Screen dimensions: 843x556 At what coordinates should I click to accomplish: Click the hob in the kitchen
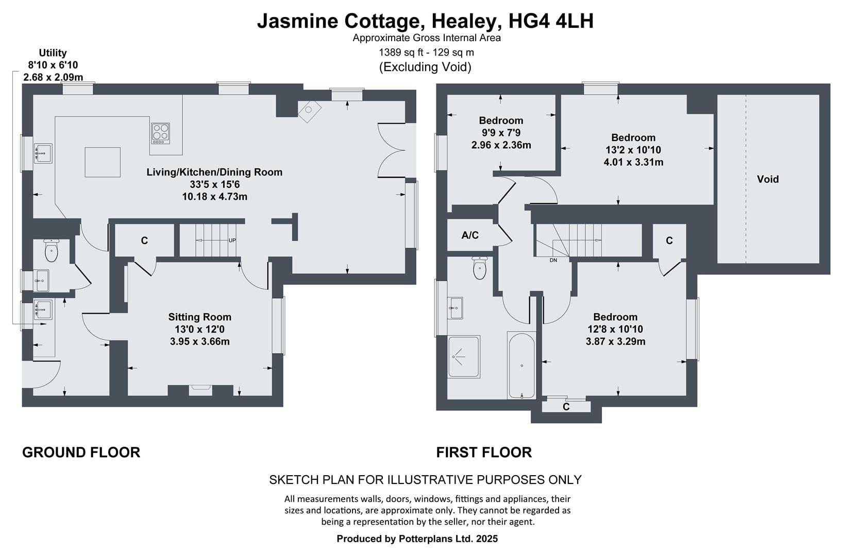[x=161, y=133]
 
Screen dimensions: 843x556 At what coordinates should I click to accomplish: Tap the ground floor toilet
[x=51, y=250]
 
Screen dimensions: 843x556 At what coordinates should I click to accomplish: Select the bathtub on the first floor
[x=521, y=365]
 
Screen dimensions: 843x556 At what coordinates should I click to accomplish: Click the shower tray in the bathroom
[x=464, y=356]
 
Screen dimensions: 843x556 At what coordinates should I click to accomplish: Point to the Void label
[x=768, y=179]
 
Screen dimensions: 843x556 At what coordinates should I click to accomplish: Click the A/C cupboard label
[x=470, y=235]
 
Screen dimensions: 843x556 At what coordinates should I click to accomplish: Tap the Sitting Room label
[x=199, y=317]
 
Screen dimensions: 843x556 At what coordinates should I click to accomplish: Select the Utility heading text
[x=53, y=53]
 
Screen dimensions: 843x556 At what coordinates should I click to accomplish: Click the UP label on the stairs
[x=232, y=240]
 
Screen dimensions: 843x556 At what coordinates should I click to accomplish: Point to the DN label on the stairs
[x=553, y=260]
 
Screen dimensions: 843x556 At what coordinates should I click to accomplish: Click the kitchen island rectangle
[x=103, y=162]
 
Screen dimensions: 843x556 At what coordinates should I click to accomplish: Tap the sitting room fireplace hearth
[x=200, y=390]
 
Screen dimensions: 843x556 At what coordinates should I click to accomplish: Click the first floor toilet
[x=479, y=268]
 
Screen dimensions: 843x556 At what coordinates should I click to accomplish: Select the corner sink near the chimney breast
[x=309, y=111]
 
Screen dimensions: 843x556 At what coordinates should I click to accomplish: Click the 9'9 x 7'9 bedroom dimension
[x=501, y=133]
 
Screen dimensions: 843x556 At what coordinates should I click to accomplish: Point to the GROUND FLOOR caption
[x=81, y=452]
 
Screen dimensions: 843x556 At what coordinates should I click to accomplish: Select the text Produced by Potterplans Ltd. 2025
[x=417, y=538]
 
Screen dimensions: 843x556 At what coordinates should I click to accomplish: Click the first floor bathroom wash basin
[x=456, y=308]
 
